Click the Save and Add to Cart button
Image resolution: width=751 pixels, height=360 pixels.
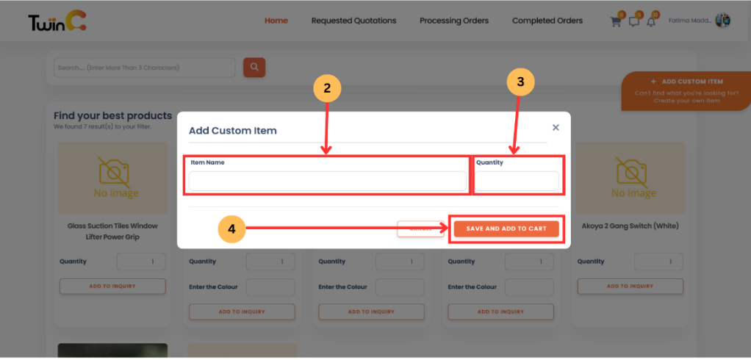(x=506, y=229)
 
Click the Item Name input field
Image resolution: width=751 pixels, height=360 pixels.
(x=327, y=181)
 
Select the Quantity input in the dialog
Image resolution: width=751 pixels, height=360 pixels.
(x=517, y=181)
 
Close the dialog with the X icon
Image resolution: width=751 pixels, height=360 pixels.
(x=556, y=127)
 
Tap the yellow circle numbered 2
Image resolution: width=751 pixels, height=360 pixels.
(x=327, y=88)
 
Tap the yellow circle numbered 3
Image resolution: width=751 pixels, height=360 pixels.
(x=520, y=82)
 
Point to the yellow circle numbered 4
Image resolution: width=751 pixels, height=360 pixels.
(x=231, y=229)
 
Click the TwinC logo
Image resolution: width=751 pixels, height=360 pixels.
(x=57, y=22)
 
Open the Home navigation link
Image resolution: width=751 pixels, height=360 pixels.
(x=276, y=21)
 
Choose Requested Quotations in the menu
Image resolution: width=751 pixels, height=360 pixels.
(x=353, y=21)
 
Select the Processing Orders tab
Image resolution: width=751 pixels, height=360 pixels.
(x=453, y=21)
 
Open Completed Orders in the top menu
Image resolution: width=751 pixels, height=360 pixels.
(x=547, y=21)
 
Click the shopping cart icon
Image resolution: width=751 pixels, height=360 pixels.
(x=616, y=21)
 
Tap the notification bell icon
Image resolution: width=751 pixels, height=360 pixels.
(x=650, y=21)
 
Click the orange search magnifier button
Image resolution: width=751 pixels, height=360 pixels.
(x=254, y=68)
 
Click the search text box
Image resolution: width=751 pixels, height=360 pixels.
(x=144, y=68)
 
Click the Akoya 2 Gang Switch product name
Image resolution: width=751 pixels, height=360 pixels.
(x=630, y=226)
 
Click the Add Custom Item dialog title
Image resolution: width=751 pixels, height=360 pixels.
(x=233, y=131)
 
